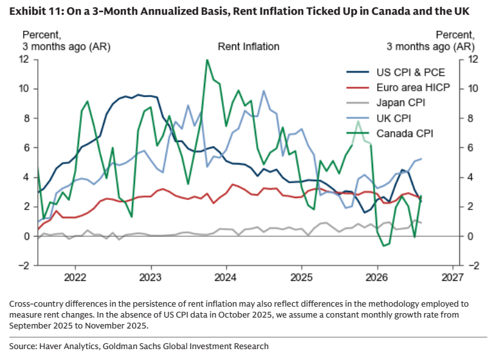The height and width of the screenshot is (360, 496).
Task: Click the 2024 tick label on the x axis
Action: click(x=225, y=278)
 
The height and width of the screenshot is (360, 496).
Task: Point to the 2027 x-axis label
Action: click(x=452, y=278)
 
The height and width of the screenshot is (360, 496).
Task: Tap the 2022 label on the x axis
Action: click(x=75, y=278)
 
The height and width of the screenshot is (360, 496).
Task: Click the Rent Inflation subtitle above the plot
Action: click(x=248, y=47)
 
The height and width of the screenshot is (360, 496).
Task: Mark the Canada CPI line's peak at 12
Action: click(x=207, y=60)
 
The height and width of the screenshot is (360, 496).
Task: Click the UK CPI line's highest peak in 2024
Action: click(x=264, y=91)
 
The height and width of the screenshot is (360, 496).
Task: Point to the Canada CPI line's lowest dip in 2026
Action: click(x=383, y=246)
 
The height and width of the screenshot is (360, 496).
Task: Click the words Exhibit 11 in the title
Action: click(x=35, y=12)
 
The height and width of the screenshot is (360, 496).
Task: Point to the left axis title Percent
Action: click(x=41, y=35)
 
